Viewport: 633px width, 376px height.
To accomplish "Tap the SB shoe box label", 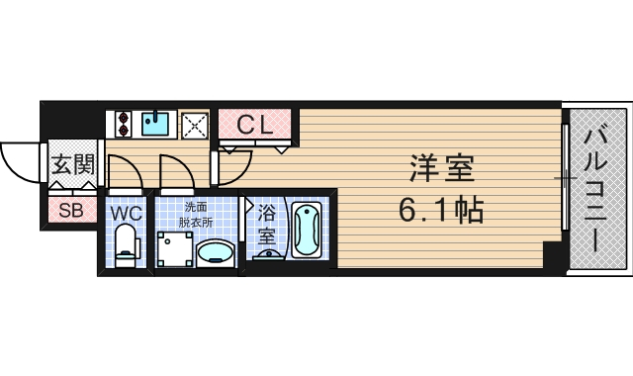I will (70, 209).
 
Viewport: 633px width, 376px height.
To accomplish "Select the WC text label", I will (125, 212).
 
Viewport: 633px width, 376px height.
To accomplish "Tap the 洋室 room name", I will (442, 169).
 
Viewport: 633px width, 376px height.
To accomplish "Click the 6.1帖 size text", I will (442, 210).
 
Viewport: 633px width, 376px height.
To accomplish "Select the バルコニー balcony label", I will (594, 188).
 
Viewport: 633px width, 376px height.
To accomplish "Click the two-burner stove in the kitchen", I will (125, 124).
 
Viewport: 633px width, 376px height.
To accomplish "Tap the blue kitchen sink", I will (155, 124).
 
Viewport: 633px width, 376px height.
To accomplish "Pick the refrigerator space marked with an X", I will (194, 125).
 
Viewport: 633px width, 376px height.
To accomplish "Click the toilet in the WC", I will (125, 245).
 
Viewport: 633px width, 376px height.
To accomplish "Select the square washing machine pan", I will (173, 250).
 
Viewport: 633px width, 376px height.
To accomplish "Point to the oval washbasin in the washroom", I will (216, 255).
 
